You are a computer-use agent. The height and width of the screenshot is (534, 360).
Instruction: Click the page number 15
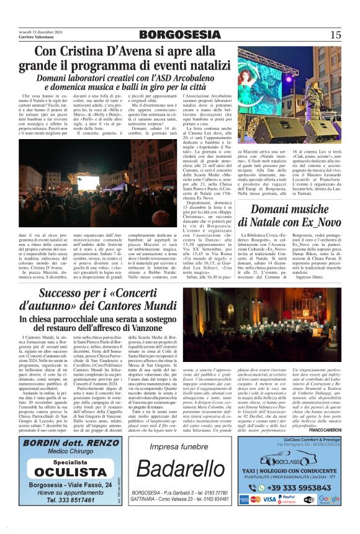[336, 35]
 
